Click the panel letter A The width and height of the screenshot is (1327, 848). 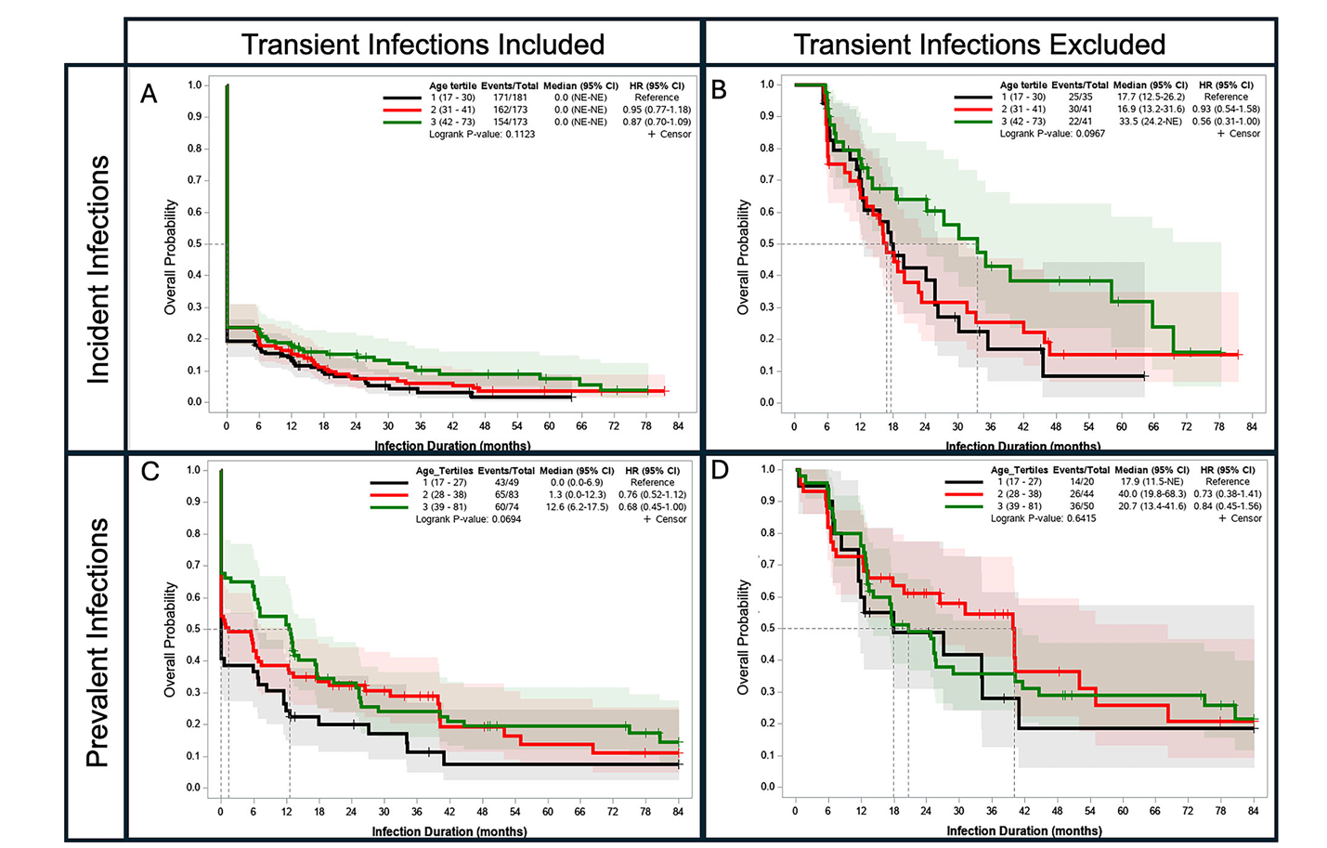point(149,94)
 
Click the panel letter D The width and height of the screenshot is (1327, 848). point(720,471)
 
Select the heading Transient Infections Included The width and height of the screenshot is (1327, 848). point(423,45)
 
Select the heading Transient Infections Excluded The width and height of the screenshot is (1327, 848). point(979,45)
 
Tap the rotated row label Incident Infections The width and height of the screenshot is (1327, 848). point(98,269)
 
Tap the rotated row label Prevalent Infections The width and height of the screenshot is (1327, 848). point(98,643)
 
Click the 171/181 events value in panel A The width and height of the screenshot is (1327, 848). point(509,98)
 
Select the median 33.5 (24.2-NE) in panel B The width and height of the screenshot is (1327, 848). point(1151,122)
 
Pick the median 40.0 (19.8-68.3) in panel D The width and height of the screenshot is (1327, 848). point(1151,494)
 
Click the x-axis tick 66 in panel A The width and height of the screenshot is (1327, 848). point(581,426)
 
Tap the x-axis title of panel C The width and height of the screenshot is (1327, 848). point(449,831)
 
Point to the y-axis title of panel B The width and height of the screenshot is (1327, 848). point(743,257)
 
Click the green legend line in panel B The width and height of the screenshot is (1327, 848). point(973,122)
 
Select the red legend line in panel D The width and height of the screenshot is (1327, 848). point(964,494)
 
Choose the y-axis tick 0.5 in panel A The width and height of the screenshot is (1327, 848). point(195,244)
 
